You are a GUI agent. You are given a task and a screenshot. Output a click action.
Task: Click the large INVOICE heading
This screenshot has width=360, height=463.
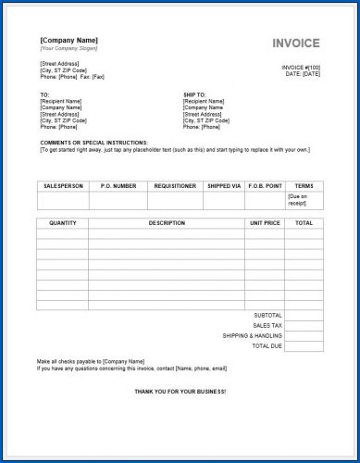click(296, 44)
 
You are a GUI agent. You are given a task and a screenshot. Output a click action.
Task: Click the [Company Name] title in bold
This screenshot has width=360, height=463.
click(69, 40)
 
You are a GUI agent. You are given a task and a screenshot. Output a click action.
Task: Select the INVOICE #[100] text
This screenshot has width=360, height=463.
click(302, 68)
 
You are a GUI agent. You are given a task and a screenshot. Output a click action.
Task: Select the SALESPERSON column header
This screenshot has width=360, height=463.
click(63, 185)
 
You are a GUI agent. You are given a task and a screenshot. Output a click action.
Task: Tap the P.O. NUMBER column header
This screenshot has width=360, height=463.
click(118, 185)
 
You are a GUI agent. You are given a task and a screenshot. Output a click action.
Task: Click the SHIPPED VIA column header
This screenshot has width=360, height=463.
click(223, 185)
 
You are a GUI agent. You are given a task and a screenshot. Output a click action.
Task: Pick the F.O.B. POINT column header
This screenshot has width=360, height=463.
click(266, 185)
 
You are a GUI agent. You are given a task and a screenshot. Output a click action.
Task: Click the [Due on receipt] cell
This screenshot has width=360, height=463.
click(303, 199)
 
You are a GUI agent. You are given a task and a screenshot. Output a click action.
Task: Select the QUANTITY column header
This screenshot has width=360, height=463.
click(62, 222)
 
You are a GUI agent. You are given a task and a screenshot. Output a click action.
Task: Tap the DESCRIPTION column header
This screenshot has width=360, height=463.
click(167, 222)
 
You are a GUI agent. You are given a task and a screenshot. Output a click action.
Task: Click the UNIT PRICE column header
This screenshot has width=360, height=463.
click(265, 222)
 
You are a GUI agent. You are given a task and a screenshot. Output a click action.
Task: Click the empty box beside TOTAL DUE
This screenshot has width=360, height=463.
click(304, 345)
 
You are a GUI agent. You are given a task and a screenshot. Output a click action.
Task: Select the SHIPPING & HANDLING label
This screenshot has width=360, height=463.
click(253, 335)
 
